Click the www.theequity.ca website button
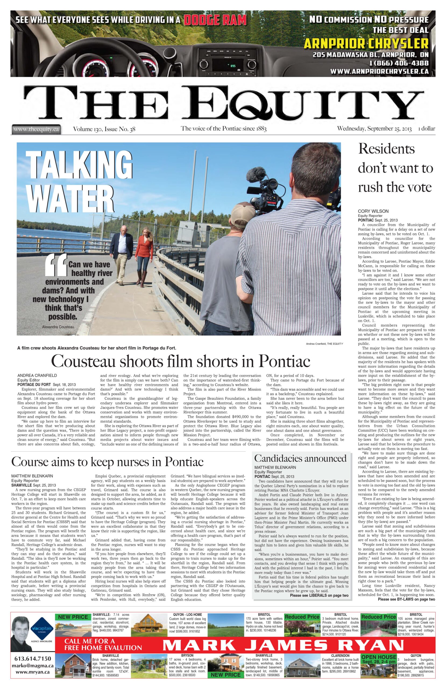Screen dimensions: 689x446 click(36, 129)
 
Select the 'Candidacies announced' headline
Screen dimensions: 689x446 click(300, 458)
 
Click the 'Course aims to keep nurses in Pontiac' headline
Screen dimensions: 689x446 click(107, 462)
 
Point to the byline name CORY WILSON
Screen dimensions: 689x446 click(373, 211)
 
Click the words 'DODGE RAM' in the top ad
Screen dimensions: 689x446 click(215, 20)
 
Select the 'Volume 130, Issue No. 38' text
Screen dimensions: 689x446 click(104, 129)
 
